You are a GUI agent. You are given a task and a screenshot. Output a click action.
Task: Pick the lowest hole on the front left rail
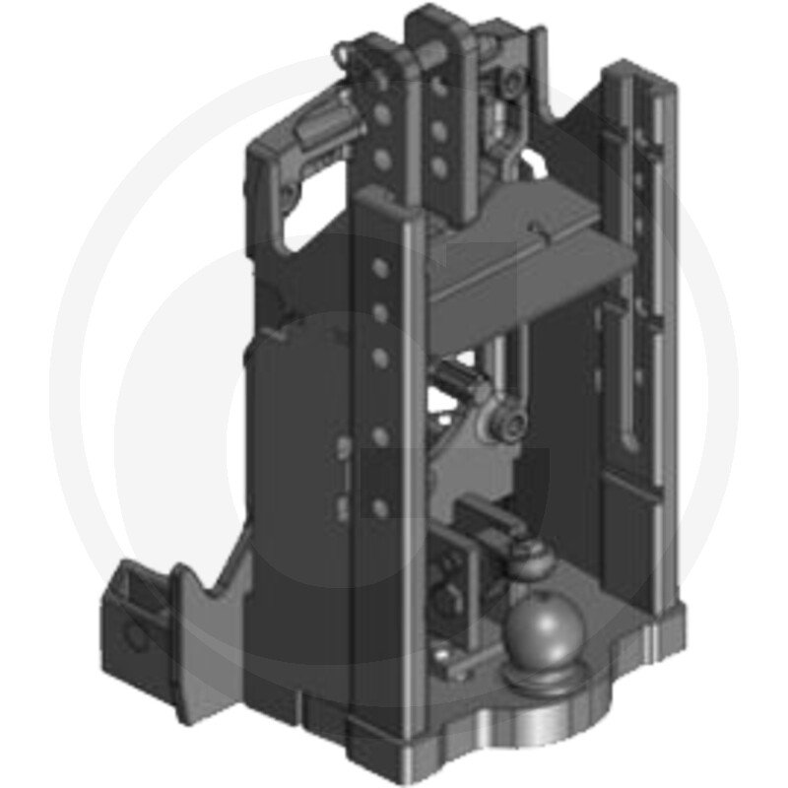click(376, 507)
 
